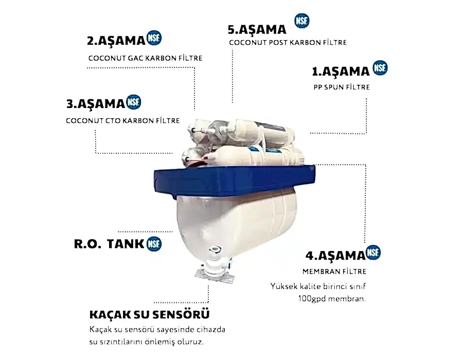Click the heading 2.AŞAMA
pyautogui.click(x=116, y=41)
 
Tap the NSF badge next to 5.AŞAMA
pyautogui.click(x=302, y=21)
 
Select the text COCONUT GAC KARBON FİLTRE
pyautogui.click(x=145, y=58)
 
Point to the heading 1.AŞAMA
pyautogui.click(x=341, y=71)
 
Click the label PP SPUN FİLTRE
pyautogui.click(x=342, y=87)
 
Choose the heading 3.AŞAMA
pyautogui.click(x=96, y=104)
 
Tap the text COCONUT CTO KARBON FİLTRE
pyautogui.click(x=123, y=121)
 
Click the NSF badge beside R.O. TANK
pyautogui.click(x=154, y=244)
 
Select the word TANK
pyautogui.click(x=126, y=244)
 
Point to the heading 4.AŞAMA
pyautogui.click(x=335, y=256)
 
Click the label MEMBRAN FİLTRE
pyautogui.click(x=334, y=272)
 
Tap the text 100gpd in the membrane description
pyautogui.click(x=312, y=299)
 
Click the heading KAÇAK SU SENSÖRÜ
pyautogui.click(x=149, y=314)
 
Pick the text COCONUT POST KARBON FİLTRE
pyautogui.click(x=288, y=43)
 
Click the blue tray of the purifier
pyautogui.click(x=235, y=180)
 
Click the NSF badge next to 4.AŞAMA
pyautogui.click(x=373, y=253)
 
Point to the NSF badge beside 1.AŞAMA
pyautogui.click(x=380, y=68)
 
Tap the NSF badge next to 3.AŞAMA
pyautogui.click(x=133, y=102)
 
